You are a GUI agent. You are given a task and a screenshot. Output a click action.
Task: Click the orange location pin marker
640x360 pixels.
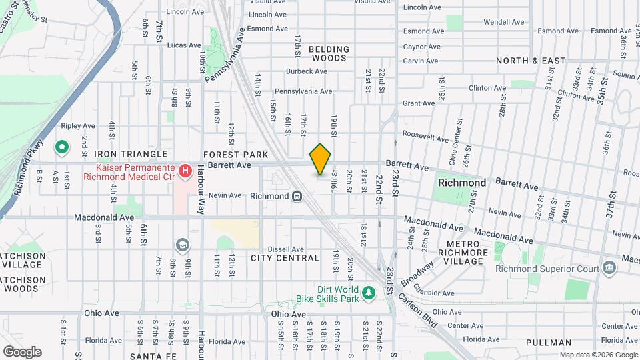tap(321, 159)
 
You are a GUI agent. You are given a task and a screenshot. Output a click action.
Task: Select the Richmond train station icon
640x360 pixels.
tap(297, 196)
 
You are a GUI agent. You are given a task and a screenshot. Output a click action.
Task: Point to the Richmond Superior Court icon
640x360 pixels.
tap(609, 269)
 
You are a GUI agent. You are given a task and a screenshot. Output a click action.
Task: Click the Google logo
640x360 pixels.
tap(22, 351)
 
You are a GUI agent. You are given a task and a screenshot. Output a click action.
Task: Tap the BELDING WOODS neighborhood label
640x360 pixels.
tap(328, 53)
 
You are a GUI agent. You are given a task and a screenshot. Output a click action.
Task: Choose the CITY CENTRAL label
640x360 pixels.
tap(285, 258)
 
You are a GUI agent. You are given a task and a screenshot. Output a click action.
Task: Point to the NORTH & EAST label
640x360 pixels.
tap(531, 61)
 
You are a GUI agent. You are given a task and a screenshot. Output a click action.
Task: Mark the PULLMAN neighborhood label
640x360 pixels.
tap(548, 343)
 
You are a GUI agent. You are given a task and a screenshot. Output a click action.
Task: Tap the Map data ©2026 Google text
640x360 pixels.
tap(598, 354)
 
